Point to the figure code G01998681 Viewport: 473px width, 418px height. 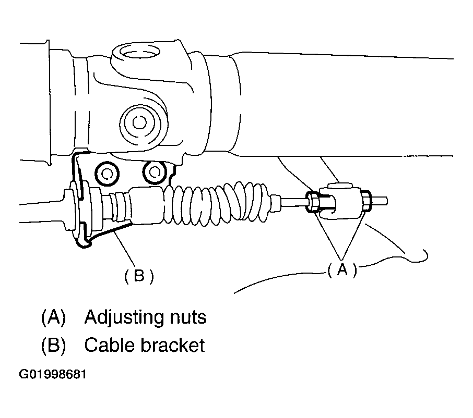coord(53,375)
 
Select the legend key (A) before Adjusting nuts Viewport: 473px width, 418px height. coord(53,317)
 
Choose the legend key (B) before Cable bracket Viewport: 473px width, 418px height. coord(53,345)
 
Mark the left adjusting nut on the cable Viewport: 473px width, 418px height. coord(315,203)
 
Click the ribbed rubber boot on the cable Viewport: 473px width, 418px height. coord(219,201)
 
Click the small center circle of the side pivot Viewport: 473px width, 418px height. coord(139,122)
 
